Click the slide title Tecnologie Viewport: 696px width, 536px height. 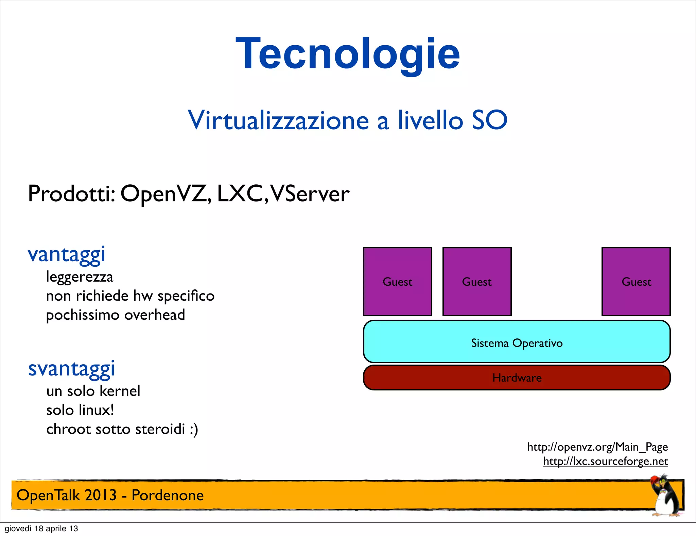point(347,54)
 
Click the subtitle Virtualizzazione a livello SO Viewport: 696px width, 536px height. point(347,120)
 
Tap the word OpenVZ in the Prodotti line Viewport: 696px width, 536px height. point(166,194)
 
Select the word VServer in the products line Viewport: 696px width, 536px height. point(310,194)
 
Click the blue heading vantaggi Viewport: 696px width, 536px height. point(67,255)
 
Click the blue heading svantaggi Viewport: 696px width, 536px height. point(71,369)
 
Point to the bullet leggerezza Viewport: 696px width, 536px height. point(80,277)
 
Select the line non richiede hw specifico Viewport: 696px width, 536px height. point(130,296)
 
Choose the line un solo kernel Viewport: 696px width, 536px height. point(93,391)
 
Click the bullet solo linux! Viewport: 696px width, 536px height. point(80,410)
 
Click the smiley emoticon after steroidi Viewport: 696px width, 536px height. point(194,430)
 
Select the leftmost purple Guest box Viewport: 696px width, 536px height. point(397,282)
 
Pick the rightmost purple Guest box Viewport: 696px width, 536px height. point(636,282)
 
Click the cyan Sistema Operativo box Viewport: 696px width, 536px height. point(517,341)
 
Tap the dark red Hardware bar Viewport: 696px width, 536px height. point(517,378)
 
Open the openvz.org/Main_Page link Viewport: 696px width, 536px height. point(597,447)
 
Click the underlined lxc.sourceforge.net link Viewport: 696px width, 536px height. point(605,462)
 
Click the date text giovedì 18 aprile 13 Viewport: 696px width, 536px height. point(41,529)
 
